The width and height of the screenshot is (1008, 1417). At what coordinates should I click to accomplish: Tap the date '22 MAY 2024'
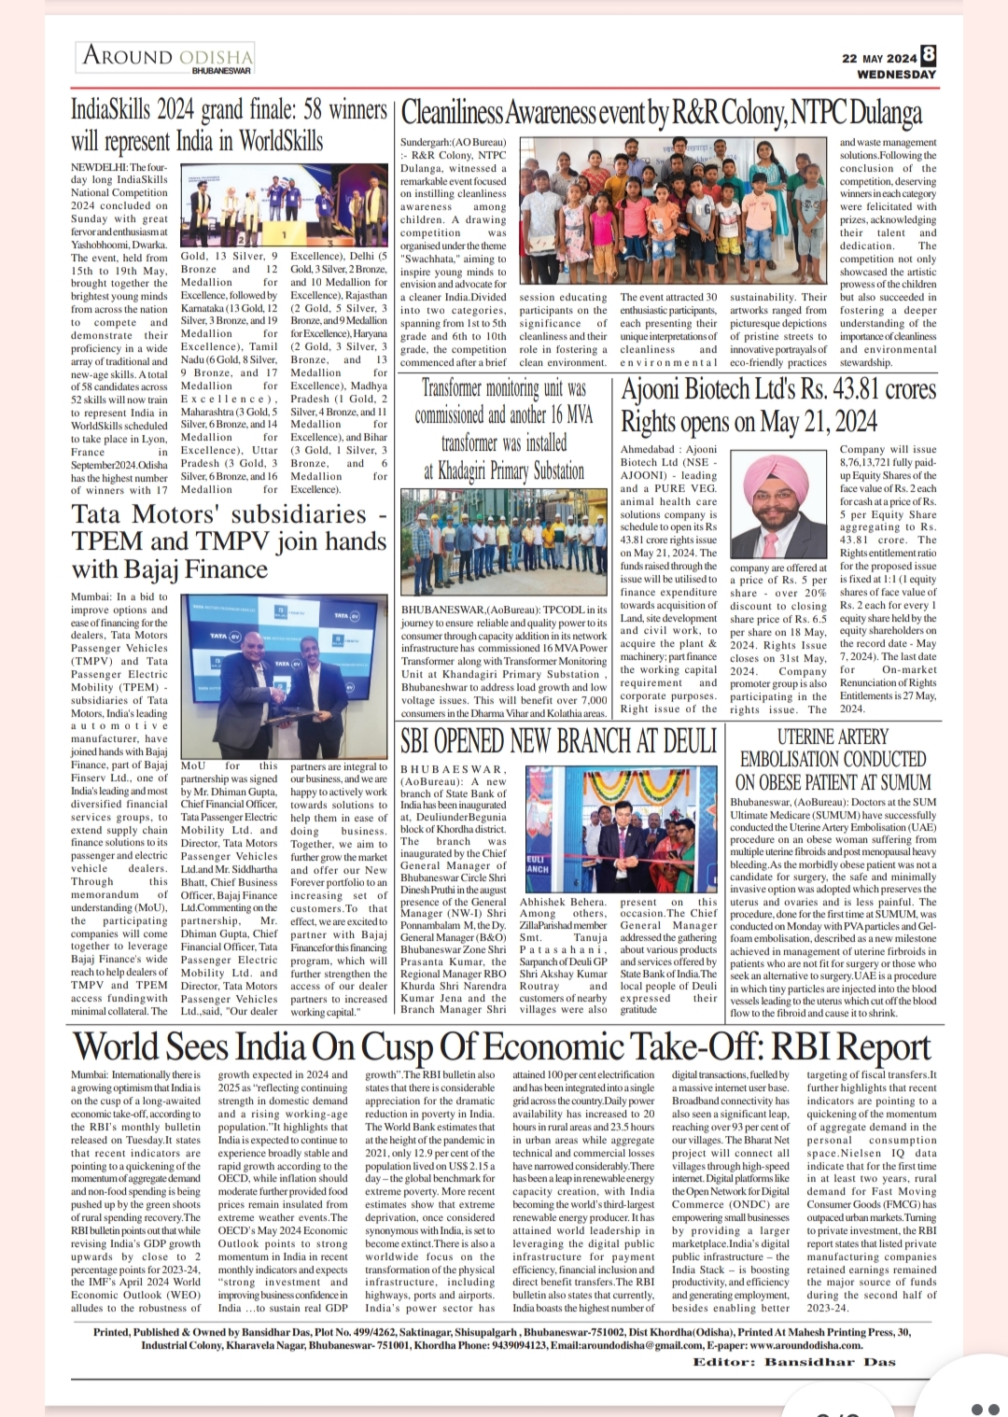point(879,58)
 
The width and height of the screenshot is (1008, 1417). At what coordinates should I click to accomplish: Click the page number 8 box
point(929,56)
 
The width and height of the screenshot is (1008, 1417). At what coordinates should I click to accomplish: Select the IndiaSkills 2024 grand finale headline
point(229,125)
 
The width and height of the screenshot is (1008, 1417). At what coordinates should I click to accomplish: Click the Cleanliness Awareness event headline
point(661,113)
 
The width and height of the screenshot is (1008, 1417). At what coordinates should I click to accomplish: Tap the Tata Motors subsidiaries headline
point(229,541)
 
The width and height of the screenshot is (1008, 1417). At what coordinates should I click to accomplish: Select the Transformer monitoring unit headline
point(505,428)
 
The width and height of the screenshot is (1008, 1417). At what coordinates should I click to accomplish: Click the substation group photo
point(504,545)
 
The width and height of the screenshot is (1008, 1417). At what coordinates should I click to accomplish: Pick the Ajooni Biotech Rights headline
point(778,405)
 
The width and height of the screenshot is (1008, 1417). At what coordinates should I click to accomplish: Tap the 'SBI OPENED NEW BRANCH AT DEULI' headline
point(558,742)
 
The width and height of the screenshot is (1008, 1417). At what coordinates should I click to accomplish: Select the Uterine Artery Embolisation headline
point(833,759)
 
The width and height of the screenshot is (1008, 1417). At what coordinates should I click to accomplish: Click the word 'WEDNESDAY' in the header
point(896,74)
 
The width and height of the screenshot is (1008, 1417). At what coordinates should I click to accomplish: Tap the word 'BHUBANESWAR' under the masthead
point(221,71)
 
